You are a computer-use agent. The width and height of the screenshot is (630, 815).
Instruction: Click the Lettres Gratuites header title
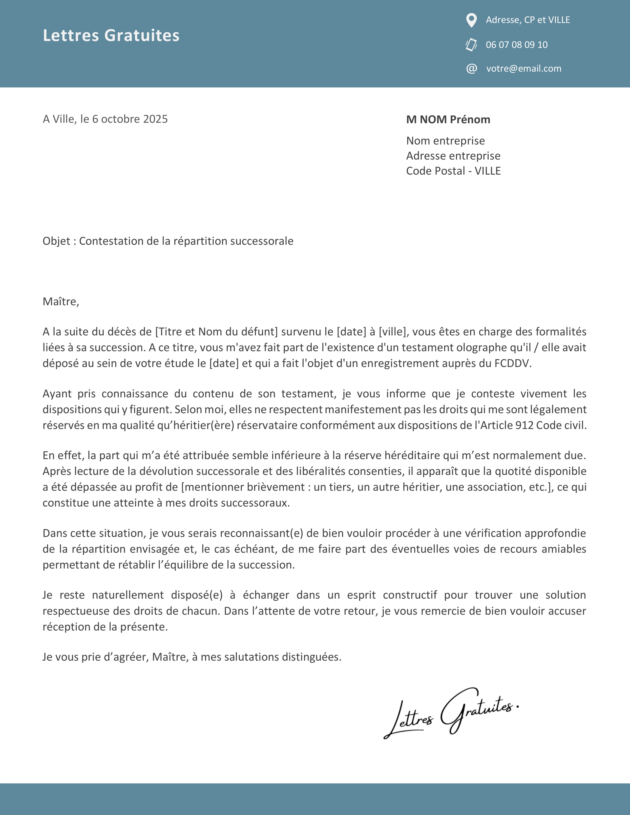pyautogui.click(x=111, y=36)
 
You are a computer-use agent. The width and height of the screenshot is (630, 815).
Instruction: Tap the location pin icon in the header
pyautogui.click(x=471, y=20)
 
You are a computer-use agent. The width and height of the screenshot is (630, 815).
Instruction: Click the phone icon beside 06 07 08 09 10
pyautogui.click(x=471, y=45)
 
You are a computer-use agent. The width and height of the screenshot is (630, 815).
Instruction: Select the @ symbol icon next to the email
pyautogui.click(x=471, y=69)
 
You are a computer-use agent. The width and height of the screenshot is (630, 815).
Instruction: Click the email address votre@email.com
pyautogui.click(x=524, y=69)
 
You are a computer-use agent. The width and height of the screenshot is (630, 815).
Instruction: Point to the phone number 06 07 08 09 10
pyautogui.click(x=517, y=45)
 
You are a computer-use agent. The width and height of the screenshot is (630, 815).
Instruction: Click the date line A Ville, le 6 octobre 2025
pyautogui.click(x=105, y=119)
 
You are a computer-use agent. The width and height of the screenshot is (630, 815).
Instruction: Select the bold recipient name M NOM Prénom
pyautogui.click(x=448, y=120)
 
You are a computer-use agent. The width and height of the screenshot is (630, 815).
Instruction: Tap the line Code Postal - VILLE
pyautogui.click(x=453, y=171)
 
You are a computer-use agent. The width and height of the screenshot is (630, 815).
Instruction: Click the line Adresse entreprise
pyautogui.click(x=453, y=156)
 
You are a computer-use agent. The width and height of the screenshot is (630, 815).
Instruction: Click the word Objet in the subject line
pyautogui.click(x=56, y=241)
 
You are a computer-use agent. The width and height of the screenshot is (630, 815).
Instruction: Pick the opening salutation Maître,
pyautogui.click(x=61, y=302)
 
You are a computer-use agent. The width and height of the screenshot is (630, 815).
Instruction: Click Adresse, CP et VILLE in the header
pyautogui.click(x=528, y=20)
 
